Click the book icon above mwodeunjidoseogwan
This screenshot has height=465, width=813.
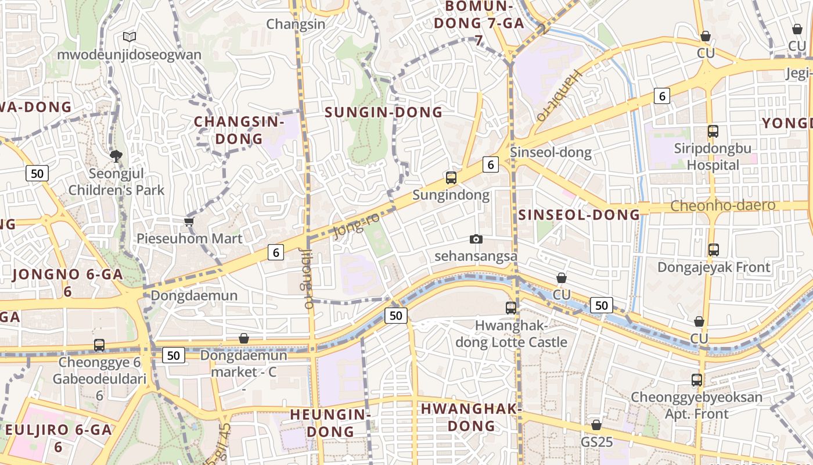129,37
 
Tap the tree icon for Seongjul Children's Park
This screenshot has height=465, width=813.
116,156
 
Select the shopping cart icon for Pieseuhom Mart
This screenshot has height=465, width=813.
189,221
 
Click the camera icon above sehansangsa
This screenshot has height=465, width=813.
476,239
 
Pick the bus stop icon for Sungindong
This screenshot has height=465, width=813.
451,178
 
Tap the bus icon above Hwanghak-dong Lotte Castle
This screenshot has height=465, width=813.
511,307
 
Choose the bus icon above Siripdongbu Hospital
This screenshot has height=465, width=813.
713,131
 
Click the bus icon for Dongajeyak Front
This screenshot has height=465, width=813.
713,250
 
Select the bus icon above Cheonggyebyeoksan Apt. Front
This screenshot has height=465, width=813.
697,380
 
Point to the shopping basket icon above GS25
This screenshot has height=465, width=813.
596,425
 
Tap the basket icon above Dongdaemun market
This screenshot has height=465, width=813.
244,338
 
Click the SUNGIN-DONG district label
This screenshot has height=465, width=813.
383,112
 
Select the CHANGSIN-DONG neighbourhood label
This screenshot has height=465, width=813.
239,130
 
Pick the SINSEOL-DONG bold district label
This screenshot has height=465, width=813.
579,214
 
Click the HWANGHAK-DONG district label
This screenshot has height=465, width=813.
471,417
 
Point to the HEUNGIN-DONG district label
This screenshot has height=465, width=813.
330,423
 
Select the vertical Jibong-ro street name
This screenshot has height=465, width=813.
307,278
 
